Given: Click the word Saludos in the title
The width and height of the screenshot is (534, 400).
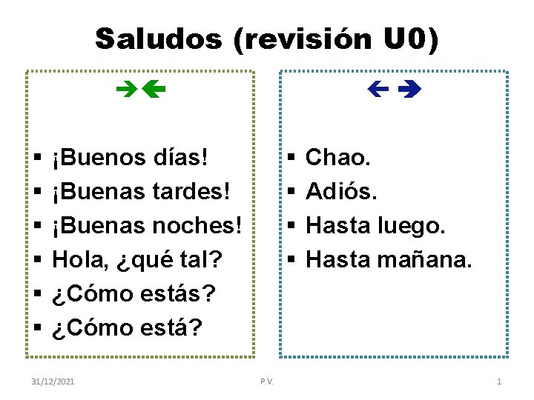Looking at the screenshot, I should [x=159, y=39].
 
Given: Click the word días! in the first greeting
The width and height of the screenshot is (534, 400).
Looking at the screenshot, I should [x=177, y=157].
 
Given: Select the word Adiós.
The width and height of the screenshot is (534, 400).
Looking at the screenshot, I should [x=342, y=191].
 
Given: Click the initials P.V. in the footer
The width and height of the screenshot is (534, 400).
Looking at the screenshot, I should [x=267, y=381].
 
